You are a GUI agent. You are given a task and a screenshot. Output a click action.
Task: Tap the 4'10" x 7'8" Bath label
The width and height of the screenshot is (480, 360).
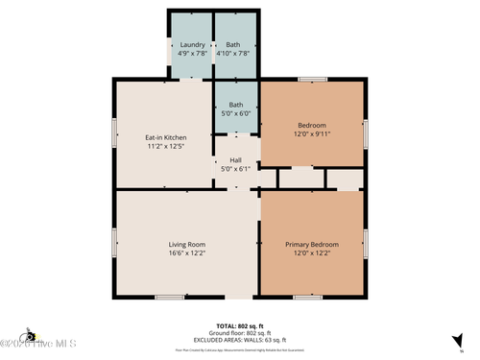(233, 44)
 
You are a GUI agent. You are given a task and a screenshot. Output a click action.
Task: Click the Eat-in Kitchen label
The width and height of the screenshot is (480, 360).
(166, 138)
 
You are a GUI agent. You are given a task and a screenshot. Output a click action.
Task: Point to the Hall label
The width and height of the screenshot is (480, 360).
(235, 160)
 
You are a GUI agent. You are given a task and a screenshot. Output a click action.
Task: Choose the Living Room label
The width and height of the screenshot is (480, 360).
(188, 244)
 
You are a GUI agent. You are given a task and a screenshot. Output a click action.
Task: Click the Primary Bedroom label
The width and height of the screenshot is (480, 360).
(312, 244)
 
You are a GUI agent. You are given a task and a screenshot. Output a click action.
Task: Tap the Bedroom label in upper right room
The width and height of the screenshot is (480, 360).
(312, 125)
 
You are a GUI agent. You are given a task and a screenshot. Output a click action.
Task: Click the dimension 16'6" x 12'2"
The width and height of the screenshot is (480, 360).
(188, 253)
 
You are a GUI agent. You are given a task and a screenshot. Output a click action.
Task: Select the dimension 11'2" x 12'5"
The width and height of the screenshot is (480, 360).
(166, 148)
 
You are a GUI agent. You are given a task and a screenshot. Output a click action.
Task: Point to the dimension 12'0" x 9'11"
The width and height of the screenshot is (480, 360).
(312, 134)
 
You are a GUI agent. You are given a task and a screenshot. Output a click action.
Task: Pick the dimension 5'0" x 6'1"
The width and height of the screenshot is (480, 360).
(235, 170)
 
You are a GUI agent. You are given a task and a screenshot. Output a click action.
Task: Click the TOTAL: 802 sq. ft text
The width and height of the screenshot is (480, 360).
(240, 326)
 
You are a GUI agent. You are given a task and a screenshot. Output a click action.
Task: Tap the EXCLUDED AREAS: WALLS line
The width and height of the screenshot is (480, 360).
(240, 339)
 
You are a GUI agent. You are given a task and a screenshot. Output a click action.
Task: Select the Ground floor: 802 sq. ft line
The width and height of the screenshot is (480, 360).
(240, 333)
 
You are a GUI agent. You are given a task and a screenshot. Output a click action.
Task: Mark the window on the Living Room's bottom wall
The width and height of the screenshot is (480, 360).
(170, 298)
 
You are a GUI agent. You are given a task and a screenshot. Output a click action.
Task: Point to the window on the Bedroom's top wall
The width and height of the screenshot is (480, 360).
(312, 80)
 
